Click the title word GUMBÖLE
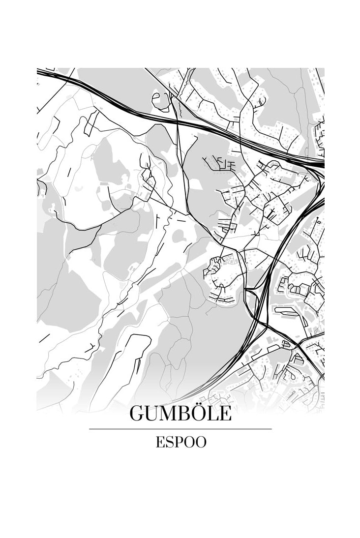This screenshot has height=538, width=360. coord(180,414)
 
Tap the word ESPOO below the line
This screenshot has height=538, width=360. coord(180,442)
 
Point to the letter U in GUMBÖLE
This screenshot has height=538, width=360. coord(153,414)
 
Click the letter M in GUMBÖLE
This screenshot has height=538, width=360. coord(170,414)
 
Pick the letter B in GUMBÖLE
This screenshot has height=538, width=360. coord(186,414)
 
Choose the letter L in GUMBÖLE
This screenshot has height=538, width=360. coord(213,414)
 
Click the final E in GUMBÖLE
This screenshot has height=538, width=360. coord(224,414)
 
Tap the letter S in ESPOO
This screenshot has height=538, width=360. coord(169,442)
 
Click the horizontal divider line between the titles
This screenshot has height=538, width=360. coord(180,429)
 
